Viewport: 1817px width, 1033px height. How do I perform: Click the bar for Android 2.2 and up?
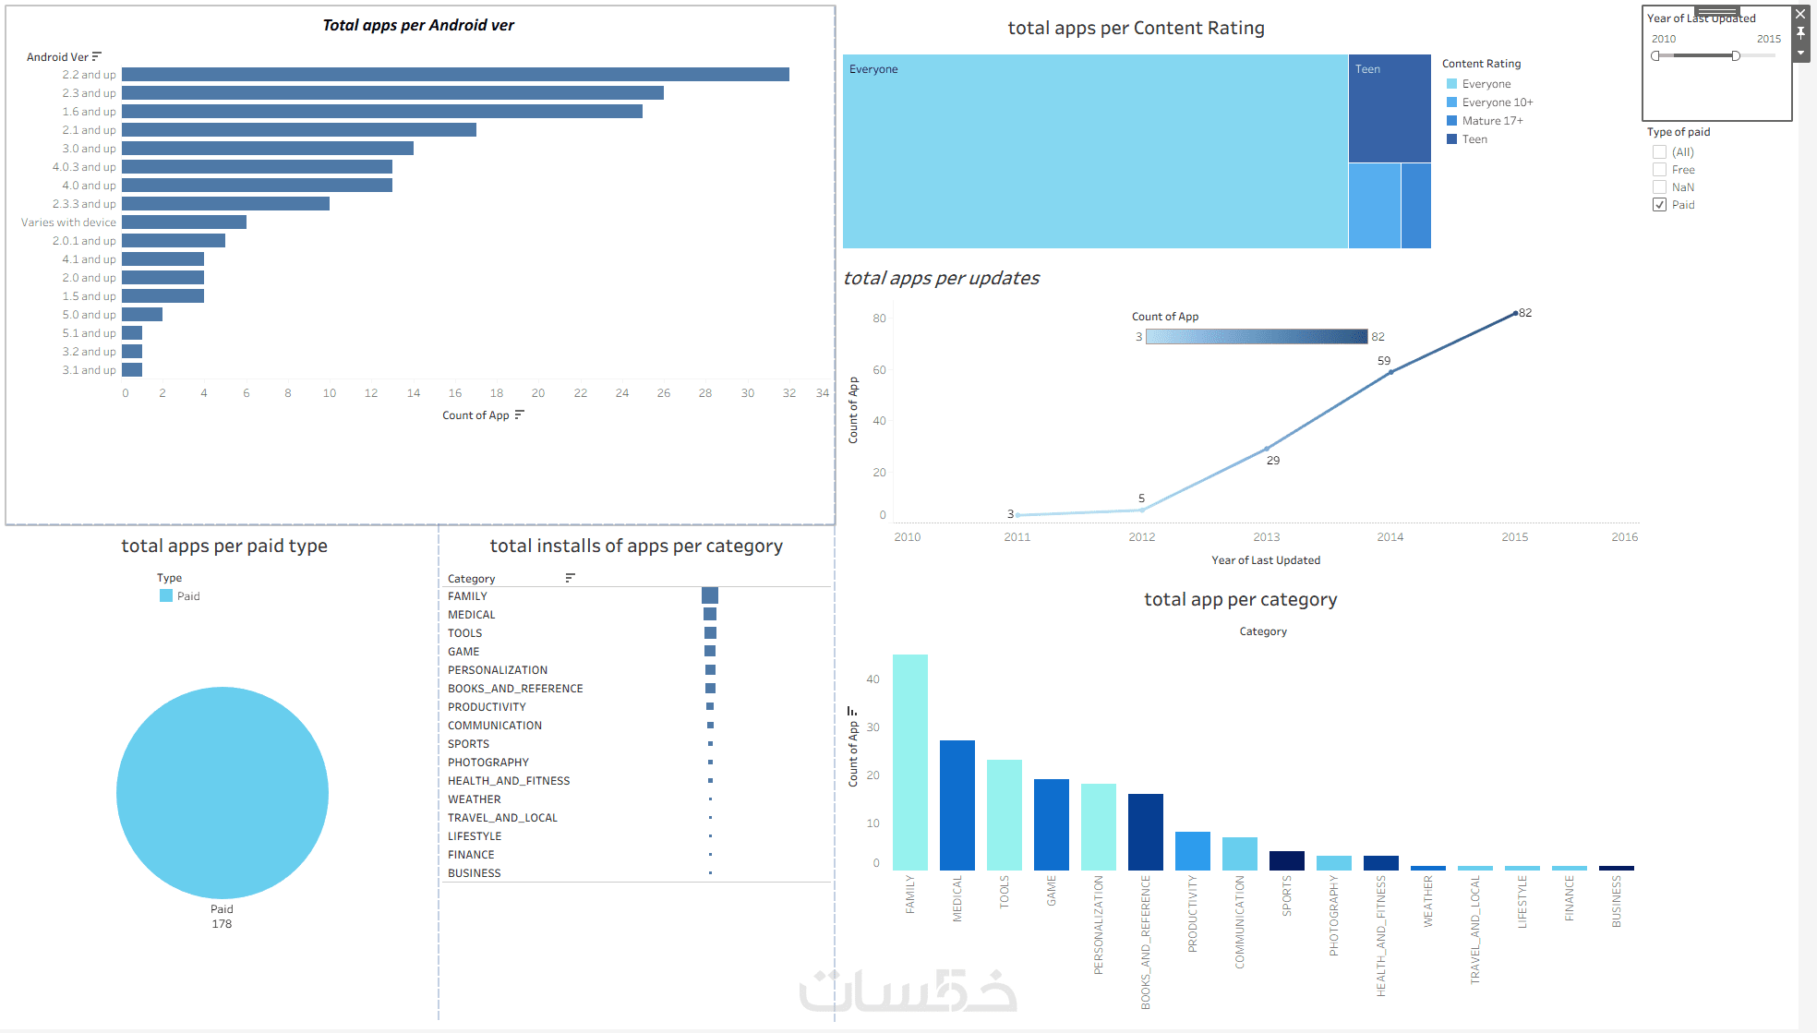pyautogui.click(x=455, y=75)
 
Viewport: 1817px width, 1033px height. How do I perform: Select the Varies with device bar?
pyautogui.click(x=184, y=222)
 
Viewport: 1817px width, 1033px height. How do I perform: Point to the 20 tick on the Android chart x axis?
pyautogui.click(x=538, y=393)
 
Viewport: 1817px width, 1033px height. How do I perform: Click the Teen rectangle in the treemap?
pyautogui.click(x=1389, y=109)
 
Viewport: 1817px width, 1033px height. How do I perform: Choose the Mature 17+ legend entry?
pyautogui.click(x=1492, y=121)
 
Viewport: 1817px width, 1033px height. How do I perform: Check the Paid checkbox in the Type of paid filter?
pyautogui.click(x=1660, y=205)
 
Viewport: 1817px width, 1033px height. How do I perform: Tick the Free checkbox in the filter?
pyautogui.click(x=1660, y=170)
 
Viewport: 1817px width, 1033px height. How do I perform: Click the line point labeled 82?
pyautogui.click(x=1515, y=314)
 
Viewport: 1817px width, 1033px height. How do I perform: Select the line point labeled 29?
pyautogui.click(x=1267, y=449)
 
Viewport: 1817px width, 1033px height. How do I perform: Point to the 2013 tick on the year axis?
pyautogui.click(x=1267, y=537)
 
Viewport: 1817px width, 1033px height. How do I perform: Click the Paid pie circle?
pyautogui.click(x=223, y=792)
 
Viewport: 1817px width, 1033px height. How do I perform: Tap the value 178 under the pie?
pyautogui.click(x=222, y=924)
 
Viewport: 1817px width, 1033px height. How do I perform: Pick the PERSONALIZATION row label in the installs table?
pyautogui.click(x=498, y=670)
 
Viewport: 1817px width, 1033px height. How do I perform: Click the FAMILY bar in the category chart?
pyautogui.click(x=910, y=763)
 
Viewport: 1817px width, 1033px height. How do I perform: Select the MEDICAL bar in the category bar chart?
pyautogui.click(x=957, y=805)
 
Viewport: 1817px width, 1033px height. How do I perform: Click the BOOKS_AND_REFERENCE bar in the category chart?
pyautogui.click(x=1146, y=832)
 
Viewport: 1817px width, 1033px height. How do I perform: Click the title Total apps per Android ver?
pyautogui.click(x=418, y=26)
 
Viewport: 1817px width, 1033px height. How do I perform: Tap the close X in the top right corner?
pyautogui.click(x=1800, y=14)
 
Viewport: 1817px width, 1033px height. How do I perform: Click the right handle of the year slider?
pyautogui.click(x=1736, y=56)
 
